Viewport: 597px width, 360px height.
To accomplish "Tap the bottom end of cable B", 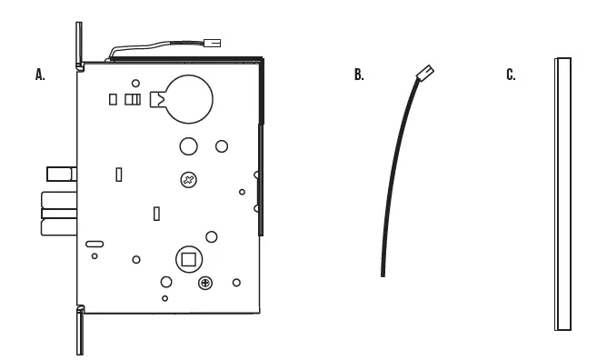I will [x=383, y=272].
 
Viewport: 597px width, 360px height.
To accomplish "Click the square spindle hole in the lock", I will [x=189, y=259].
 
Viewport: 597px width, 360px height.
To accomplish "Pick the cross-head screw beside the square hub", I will [x=206, y=284].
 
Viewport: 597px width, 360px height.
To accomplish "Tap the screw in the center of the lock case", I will [x=188, y=180].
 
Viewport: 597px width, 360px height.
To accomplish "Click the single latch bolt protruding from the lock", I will [x=59, y=174].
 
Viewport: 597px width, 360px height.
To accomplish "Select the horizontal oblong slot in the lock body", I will [x=95, y=244].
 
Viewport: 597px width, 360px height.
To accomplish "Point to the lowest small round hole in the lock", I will [x=164, y=298].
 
